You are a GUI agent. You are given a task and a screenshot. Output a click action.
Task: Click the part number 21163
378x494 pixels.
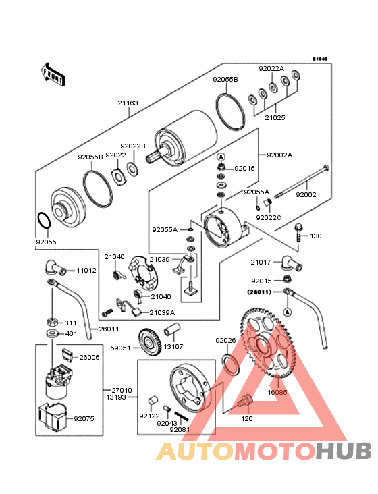point(128,103)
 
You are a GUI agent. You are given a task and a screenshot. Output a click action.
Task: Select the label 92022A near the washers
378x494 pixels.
point(271,69)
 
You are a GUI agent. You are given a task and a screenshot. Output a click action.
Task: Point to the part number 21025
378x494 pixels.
point(275,117)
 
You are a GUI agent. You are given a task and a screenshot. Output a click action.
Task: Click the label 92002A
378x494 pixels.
point(279,155)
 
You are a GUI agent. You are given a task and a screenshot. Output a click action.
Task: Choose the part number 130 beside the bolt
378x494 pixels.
point(316,236)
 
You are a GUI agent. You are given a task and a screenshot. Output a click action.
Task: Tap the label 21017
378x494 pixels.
point(261,262)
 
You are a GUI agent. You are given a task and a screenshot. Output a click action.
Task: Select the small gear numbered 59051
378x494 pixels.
point(147,341)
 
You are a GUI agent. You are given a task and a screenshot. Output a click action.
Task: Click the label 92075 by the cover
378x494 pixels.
point(84,419)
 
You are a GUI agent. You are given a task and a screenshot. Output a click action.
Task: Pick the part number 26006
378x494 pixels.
point(89,358)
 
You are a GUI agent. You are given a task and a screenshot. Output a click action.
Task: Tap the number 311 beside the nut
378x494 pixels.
point(71,323)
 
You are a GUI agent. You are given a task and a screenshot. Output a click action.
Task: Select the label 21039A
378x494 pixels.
point(162,312)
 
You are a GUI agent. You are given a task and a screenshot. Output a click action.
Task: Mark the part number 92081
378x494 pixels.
point(180,429)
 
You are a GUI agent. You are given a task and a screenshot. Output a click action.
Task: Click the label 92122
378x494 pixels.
point(149,416)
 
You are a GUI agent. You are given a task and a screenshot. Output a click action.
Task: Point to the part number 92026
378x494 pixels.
point(225,341)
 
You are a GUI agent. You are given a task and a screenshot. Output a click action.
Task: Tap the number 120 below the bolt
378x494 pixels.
point(247,418)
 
